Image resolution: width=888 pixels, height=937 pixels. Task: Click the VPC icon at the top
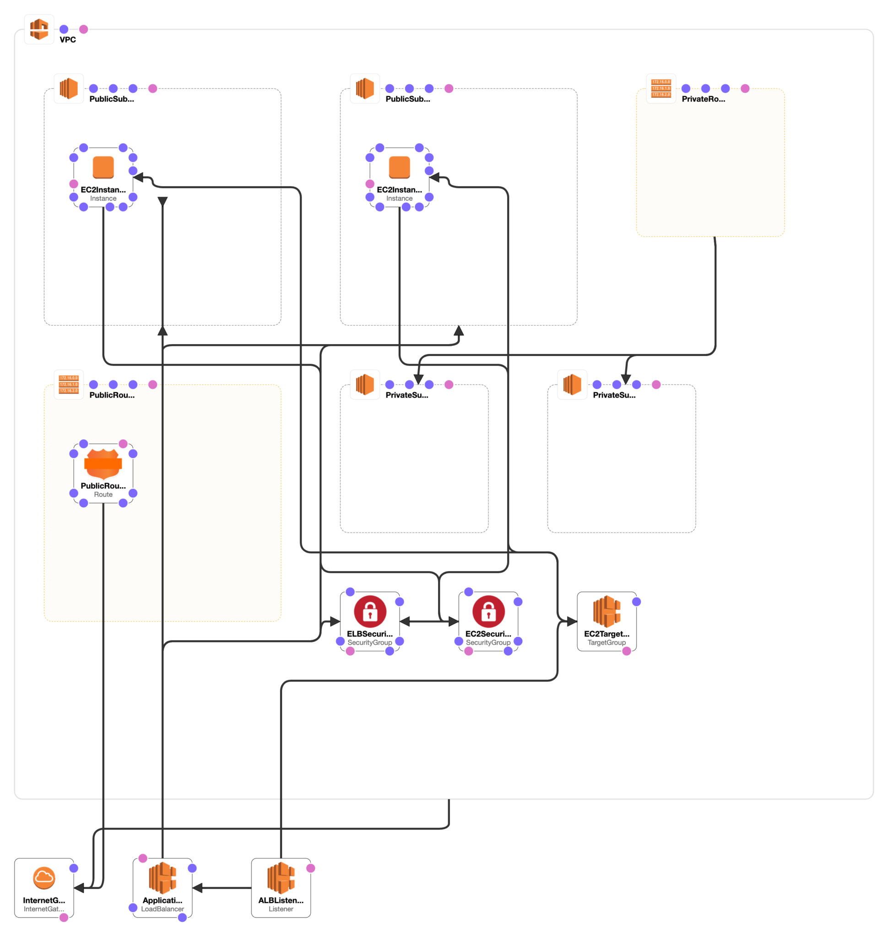(39, 29)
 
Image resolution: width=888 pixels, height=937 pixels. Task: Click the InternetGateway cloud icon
(44, 878)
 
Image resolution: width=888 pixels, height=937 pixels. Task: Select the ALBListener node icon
(281, 878)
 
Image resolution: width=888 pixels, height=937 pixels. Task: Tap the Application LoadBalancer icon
(162, 878)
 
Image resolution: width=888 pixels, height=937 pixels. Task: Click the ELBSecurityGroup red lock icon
(370, 611)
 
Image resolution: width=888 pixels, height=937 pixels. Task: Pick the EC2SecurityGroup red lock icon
(488, 611)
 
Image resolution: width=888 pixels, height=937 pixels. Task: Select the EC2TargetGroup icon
(606, 611)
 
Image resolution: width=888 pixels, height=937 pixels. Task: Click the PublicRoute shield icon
(103, 464)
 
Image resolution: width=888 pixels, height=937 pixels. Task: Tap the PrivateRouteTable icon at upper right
(661, 88)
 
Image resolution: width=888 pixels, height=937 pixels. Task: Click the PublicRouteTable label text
(112, 395)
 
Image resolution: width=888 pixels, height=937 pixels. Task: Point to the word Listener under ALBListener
(281, 909)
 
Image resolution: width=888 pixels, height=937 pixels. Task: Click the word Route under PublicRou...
(103, 495)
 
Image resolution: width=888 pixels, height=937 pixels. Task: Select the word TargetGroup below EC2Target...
(606, 643)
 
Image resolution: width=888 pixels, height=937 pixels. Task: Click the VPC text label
(68, 40)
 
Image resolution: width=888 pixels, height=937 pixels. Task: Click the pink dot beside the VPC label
(84, 29)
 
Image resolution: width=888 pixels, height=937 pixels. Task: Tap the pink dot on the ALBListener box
(310, 868)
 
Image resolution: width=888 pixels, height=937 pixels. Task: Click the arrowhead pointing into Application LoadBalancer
(198, 888)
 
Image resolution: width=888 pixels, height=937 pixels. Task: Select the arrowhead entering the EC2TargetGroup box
(572, 621)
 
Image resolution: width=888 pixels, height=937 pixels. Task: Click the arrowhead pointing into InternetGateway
(80, 888)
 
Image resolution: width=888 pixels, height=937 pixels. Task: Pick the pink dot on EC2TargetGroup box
(626, 651)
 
